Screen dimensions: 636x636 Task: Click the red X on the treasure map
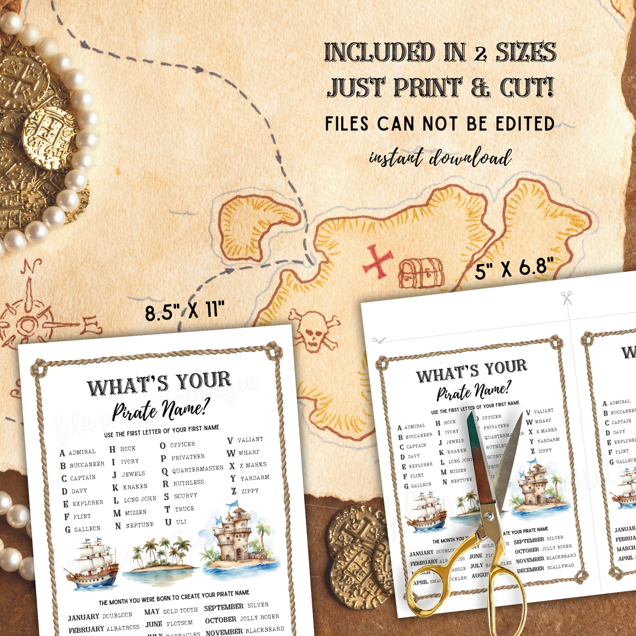click(x=377, y=261)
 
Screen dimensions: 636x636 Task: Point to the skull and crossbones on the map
click(x=314, y=331)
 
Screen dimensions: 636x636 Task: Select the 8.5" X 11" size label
click(x=185, y=311)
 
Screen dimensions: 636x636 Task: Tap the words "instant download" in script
click(x=440, y=157)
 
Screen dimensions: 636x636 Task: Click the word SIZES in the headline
click(x=526, y=52)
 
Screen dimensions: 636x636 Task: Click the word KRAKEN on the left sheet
click(x=135, y=487)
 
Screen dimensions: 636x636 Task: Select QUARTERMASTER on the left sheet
click(x=197, y=469)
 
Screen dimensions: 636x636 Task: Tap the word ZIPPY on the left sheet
click(x=250, y=491)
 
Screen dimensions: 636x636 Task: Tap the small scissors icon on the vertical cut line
click(x=566, y=298)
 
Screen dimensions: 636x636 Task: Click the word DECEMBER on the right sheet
click(x=530, y=569)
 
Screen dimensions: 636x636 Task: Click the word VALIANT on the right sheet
click(x=543, y=411)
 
